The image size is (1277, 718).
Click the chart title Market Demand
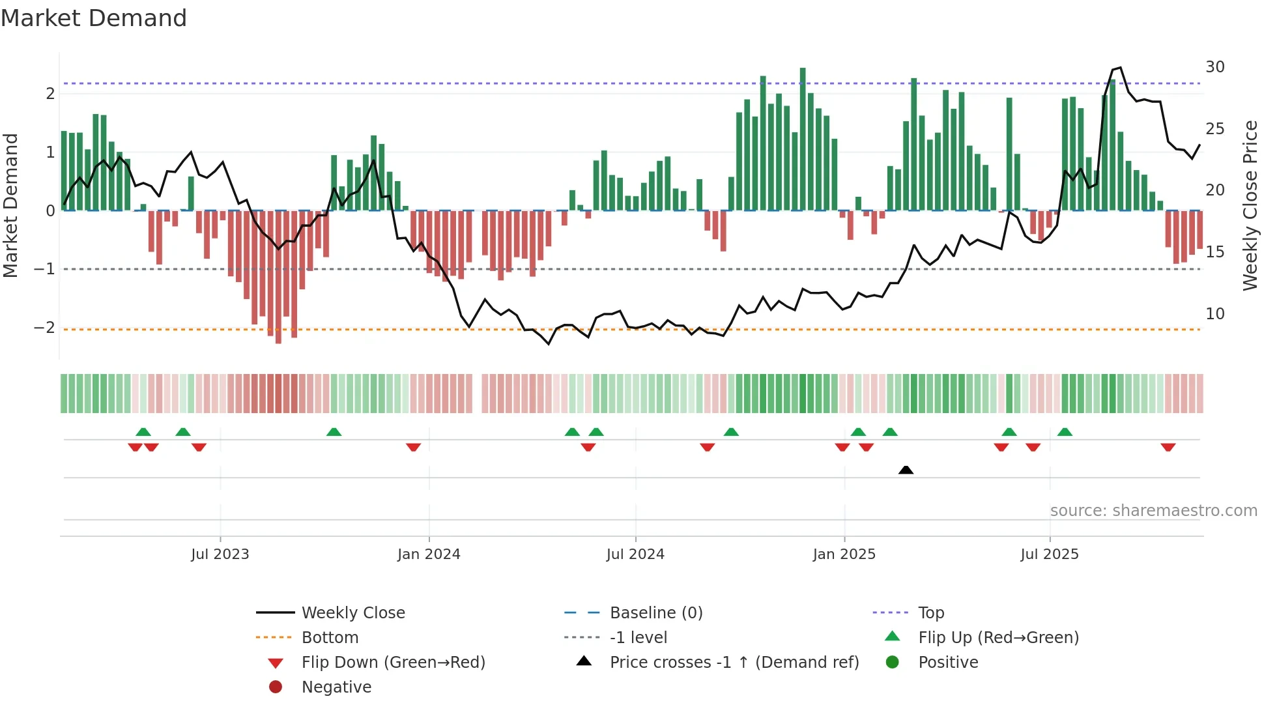pos(94,18)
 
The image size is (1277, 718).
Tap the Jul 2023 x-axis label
pos(220,554)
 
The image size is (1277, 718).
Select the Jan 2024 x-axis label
pos(429,554)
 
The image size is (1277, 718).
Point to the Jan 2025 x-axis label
pos(844,554)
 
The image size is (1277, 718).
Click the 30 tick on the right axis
pos(1214,67)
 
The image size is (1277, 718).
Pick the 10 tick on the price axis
pos(1214,314)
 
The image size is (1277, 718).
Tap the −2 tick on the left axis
pos(44,328)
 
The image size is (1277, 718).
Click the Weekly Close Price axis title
pos(1250,205)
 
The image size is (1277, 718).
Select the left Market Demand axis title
pos(11,205)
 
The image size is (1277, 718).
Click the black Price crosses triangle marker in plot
pos(906,470)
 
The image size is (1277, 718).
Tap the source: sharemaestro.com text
pos(1153,511)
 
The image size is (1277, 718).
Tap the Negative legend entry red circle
pos(276,687)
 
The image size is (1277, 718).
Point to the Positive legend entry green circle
pos(893,663)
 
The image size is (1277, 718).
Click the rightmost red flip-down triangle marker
pos(1168,448)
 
